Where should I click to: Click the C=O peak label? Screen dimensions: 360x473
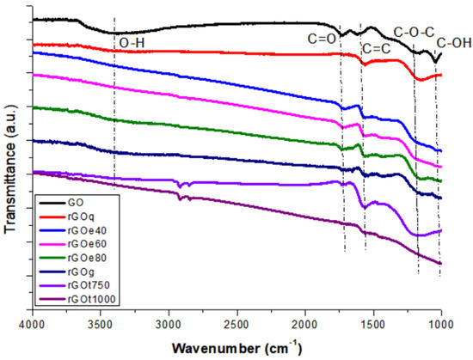pos(324,37)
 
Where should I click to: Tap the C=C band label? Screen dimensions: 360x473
pos(377,48)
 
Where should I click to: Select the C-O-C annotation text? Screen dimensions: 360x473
pos(413,33)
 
